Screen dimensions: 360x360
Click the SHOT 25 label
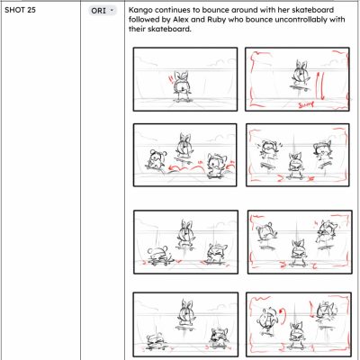tap(20, 10)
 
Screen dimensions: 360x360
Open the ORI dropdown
tap(103, 11)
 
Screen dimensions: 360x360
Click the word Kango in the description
tap(139, 10)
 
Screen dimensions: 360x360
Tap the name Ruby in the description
tap(216, 20)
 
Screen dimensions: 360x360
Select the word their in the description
tap(137, 29)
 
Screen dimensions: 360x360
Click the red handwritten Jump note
tap(306, 104)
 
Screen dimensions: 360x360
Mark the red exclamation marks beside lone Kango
tap(170, 79)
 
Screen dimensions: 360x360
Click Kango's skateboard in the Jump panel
tap(299, 88)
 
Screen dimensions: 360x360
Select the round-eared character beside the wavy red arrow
tap(156, 159)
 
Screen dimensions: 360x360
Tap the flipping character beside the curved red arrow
tap(266, 320)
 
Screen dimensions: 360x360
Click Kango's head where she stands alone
tap(182, 82)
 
